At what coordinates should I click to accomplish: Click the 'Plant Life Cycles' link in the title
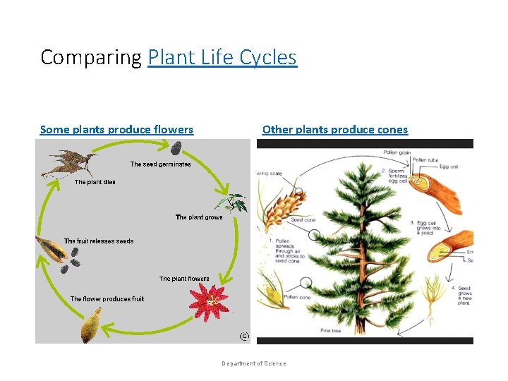(x=222, y=57)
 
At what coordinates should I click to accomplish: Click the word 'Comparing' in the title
(x=91, y=57)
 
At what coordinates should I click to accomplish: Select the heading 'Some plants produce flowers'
(x=116, y=129)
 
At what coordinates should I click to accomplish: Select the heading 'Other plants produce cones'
(x=334, y=129)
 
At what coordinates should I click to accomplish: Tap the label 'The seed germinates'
(x=160, y=164)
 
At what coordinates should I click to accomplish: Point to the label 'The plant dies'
(x=95, y=182)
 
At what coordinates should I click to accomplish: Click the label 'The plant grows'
(x=198, y=217)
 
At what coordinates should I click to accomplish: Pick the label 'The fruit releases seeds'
(x=99, y=241)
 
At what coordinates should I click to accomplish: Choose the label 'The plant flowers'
(x=184, y=279)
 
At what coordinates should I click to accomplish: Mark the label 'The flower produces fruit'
(x=107, y=299)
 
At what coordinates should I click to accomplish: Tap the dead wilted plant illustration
(x=68, y=164)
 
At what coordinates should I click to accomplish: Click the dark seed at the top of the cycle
(x=176, y=147)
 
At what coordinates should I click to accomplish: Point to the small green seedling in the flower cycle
(x=234, y=202)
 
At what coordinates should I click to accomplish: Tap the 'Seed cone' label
(x=303, y=220)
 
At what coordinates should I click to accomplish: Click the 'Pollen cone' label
(x=298, y=298)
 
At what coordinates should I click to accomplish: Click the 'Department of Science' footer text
(x=254, y=363)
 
